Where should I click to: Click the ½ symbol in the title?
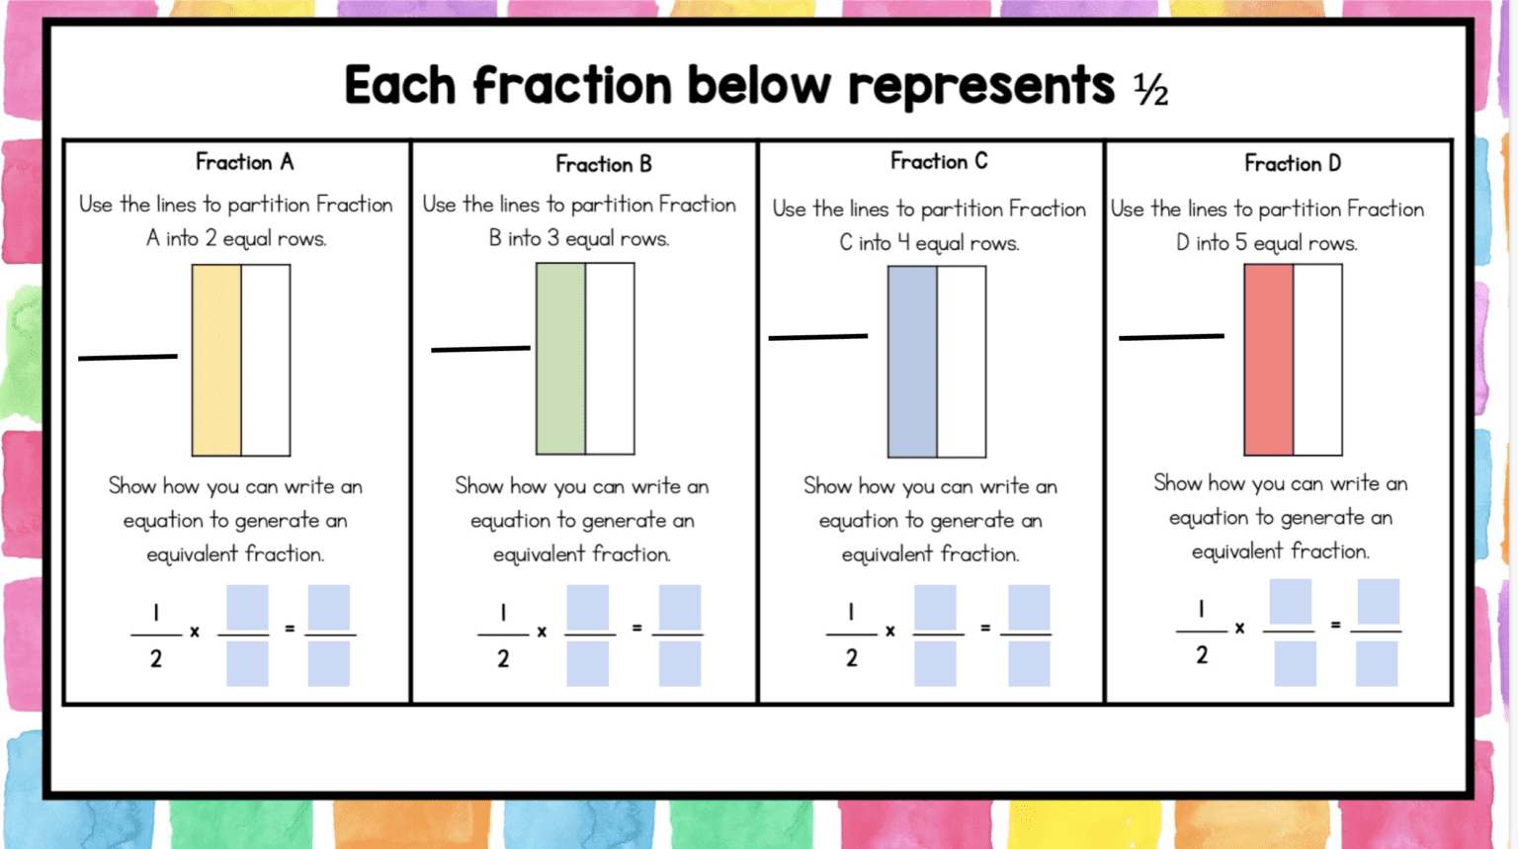click(1150, 90)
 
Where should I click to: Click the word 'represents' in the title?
click(980, 87)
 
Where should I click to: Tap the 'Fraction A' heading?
click(244, 162)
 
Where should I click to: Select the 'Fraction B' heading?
click(603, 164)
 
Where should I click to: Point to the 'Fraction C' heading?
click(938, 161)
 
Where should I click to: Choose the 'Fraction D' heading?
click(1292, 163)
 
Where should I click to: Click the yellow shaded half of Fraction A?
click(216, 360)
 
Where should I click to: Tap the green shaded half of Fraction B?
click(560, 359)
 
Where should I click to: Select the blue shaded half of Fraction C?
click(912, 362)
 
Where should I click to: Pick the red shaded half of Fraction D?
click(1268, 360)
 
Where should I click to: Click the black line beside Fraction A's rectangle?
click(127, 357)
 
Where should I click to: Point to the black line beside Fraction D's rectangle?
click(1171, 337)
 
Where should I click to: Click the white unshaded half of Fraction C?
click(962, 362)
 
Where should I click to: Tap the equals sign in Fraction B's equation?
click(636, 628)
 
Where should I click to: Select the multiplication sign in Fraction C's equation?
click(889, 631)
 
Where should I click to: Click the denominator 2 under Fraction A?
click(155, 659)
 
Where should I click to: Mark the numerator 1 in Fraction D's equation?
click(1201, 609)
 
